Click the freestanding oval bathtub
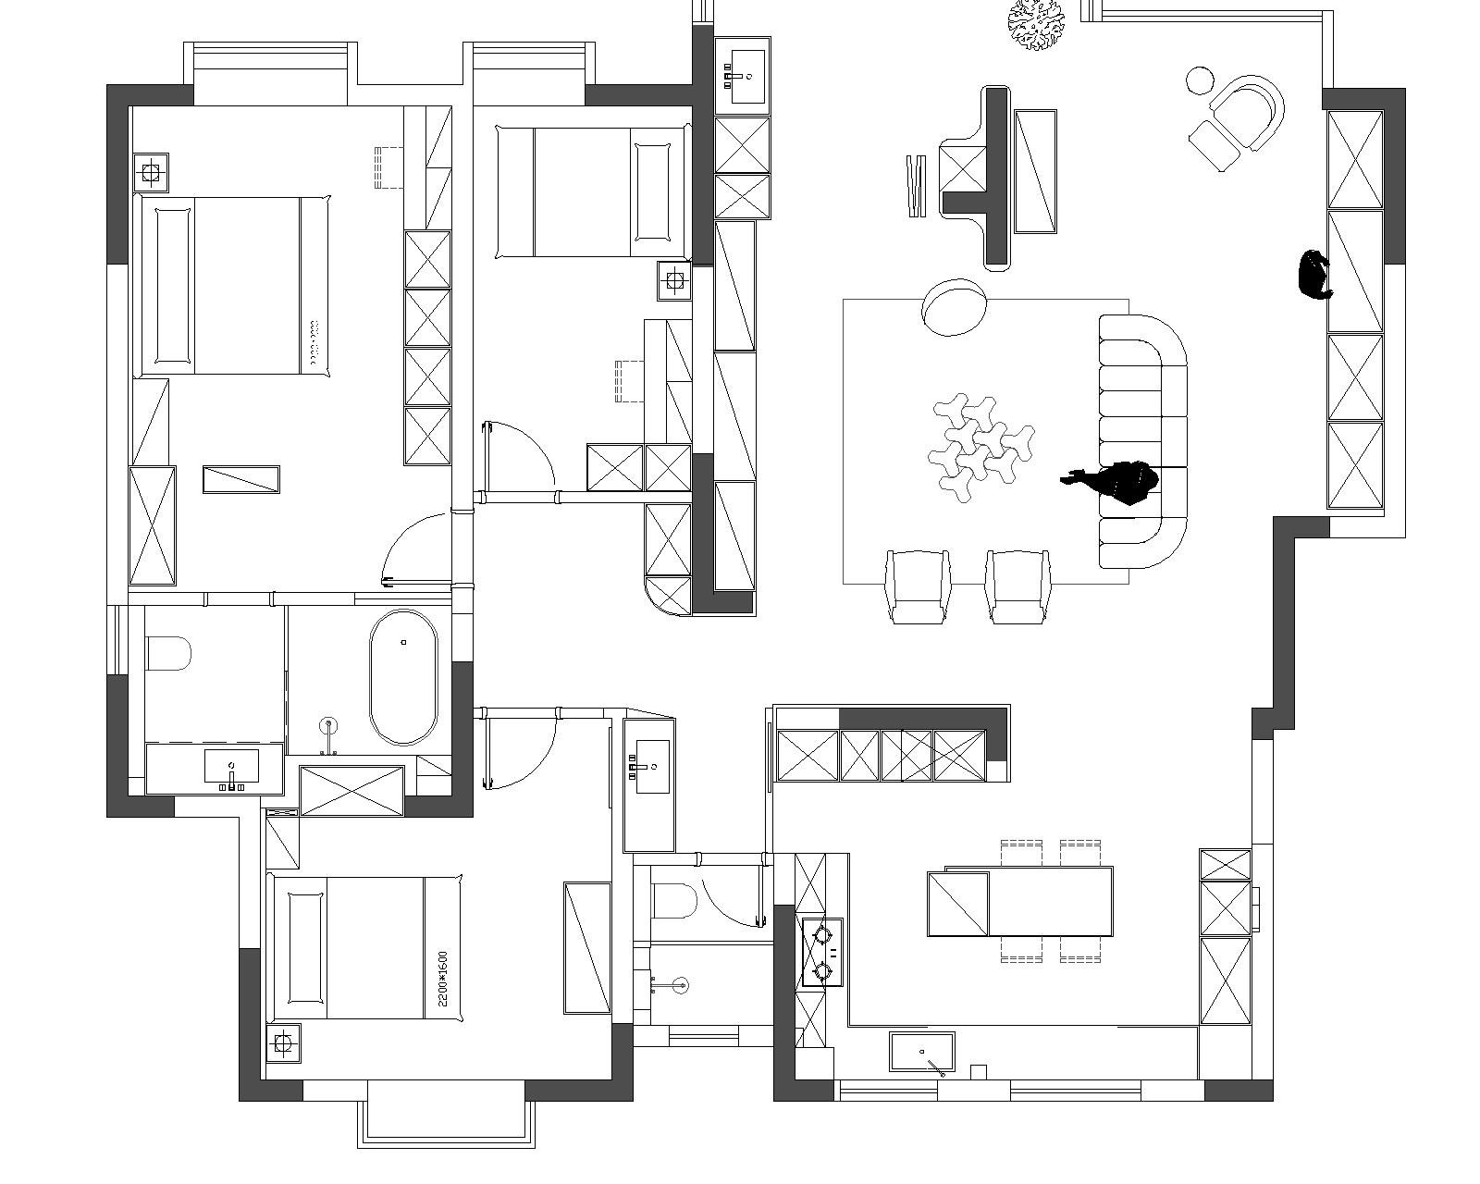[x=403, y=677]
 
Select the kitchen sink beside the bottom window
[x=921, y=1051]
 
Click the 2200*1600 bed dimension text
[x=443, y=979]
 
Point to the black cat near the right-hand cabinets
[x=1314, y=276]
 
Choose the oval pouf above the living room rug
[x=953, y=307]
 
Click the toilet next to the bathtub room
[x=167, y=654]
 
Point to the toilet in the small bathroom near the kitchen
[x=674, y=901]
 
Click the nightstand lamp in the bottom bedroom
[x=283, y=1043]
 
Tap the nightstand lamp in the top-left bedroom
[x=151, y=172]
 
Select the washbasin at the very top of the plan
[x=746, y=77]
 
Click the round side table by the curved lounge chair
[x=1200, y=80]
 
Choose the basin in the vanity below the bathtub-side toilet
[x=232, y=767]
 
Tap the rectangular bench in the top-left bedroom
[x=241, y=479]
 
